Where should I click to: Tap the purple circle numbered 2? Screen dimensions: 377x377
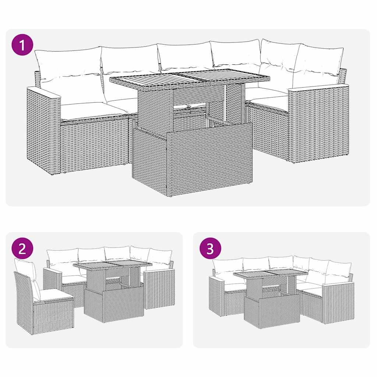[x=22, y=249]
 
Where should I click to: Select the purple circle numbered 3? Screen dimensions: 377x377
[x=210, y=249]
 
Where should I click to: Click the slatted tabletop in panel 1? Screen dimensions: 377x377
[x=190, y=78]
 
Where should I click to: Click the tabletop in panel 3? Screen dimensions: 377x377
[x=271, y=274]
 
